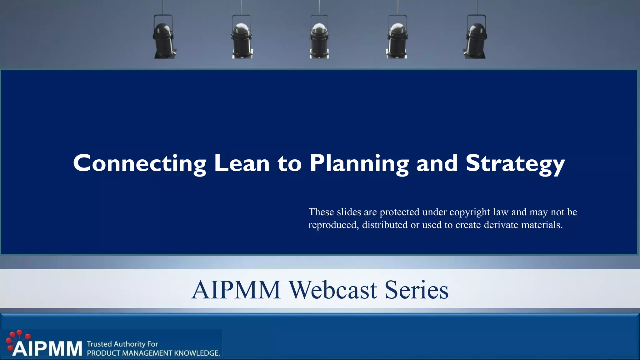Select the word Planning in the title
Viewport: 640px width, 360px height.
tap(359, 164)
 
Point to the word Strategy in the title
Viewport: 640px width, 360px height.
tap(515, 164)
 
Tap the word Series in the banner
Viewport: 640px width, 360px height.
tap(416, 290)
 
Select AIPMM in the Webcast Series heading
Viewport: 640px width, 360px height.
tap(236, 290)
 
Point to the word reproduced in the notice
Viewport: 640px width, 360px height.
tap(333, 225)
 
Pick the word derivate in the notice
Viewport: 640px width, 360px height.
tap(501, 225)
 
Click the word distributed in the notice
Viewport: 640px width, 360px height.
tap(385, 225)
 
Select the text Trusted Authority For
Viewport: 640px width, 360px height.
tap(122, 344)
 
